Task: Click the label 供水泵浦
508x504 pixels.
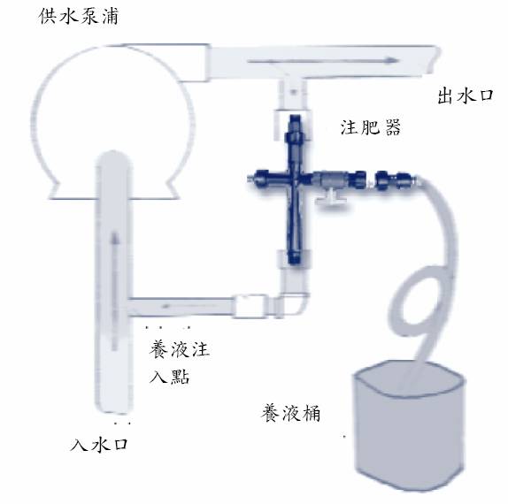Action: (x=79, y=16)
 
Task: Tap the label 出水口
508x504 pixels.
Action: (x=466, y=95)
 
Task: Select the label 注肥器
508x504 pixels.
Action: (x=370, y=127)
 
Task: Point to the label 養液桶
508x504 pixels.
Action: (x=290, y=413)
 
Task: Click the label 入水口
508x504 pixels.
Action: (x=99, y=444)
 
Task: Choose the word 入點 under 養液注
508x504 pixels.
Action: (x=169, y=376)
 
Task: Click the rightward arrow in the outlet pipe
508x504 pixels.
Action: (x=322, y=60)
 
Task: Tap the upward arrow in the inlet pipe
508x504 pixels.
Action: (x=114, y=291)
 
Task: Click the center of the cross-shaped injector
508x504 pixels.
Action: (x=295, y=179)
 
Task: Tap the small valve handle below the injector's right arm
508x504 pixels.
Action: (x=331, y=197)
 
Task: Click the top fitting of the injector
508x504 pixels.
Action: (x=294, y=128)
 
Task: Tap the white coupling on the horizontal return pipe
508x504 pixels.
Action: (x=250, y=305)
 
